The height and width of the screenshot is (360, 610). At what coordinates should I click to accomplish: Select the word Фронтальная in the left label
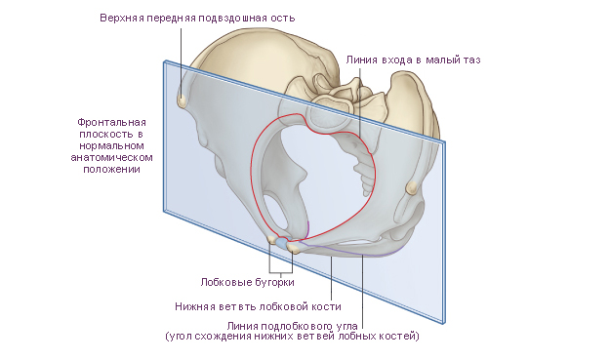111,123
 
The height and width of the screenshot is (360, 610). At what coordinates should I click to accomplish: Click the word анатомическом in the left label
111,158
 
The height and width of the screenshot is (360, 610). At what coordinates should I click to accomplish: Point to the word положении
111,170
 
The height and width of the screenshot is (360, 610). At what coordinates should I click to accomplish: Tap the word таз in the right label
471,60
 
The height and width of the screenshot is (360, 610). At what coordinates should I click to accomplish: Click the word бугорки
275,282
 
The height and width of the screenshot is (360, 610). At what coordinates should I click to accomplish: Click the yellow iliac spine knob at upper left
182,101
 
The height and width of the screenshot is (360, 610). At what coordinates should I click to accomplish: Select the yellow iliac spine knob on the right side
411,187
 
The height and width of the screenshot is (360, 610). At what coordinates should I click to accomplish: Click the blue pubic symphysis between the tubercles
282,243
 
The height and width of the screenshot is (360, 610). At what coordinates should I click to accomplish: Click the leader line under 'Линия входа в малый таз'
360,101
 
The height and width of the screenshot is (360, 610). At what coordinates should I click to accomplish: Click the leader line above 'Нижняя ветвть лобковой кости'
331,278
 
